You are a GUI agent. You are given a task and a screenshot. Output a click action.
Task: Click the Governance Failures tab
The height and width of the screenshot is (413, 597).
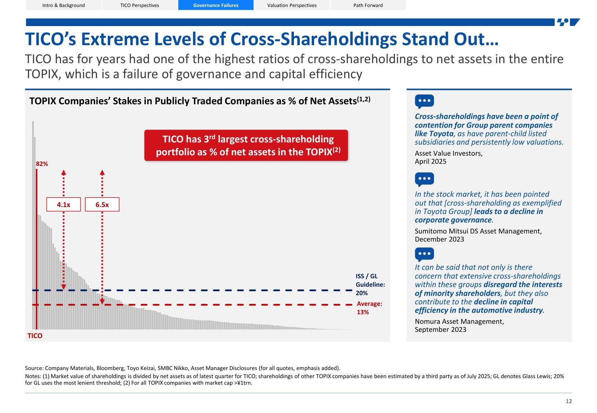(x=216, y=5)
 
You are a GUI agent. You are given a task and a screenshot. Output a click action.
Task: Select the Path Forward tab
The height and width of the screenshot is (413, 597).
(x=368, y=5)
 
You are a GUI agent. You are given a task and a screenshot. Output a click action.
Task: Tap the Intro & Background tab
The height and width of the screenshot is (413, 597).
(x=64, y=5)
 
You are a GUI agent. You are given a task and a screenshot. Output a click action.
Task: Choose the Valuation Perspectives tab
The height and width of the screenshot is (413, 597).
(x=292, y=5)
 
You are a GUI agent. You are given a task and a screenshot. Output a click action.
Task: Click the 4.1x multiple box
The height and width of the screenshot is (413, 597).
(x=64, y=204)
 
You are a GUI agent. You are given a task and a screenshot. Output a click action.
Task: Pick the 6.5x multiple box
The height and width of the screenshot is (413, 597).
(x=102, y=204)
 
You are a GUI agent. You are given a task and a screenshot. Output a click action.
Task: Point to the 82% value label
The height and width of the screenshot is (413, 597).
(x=42, y=164)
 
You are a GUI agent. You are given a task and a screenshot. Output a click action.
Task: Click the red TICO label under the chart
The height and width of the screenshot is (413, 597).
(x=35, y=336)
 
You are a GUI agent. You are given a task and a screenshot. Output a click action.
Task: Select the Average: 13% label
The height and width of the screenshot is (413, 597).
(x=369, y=308)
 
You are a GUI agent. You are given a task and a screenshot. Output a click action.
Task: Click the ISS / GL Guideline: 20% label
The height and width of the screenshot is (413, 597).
(x=370, y=285)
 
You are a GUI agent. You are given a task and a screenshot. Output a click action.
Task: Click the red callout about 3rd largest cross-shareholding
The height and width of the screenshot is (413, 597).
(x=246, y=145)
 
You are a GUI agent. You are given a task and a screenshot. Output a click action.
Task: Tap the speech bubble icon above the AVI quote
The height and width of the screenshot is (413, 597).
(x=424, y=101)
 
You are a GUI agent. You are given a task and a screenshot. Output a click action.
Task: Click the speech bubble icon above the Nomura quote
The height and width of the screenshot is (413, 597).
(x=424, y=254)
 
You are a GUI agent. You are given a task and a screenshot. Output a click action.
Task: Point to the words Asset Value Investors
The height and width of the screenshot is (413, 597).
(x=448, y=153)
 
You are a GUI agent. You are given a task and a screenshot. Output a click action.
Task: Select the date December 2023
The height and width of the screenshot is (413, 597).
(x=439, y=239)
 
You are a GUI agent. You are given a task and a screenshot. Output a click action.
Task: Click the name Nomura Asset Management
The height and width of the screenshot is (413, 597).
(x=459, y=322)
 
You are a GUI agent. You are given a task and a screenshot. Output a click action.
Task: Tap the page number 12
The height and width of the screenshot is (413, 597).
(x=568, y=401)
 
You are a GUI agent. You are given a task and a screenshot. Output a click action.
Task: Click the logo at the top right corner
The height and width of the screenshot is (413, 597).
(x=568, y=22)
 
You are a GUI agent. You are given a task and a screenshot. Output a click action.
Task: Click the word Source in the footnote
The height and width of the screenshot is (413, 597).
(x=34, y=368)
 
